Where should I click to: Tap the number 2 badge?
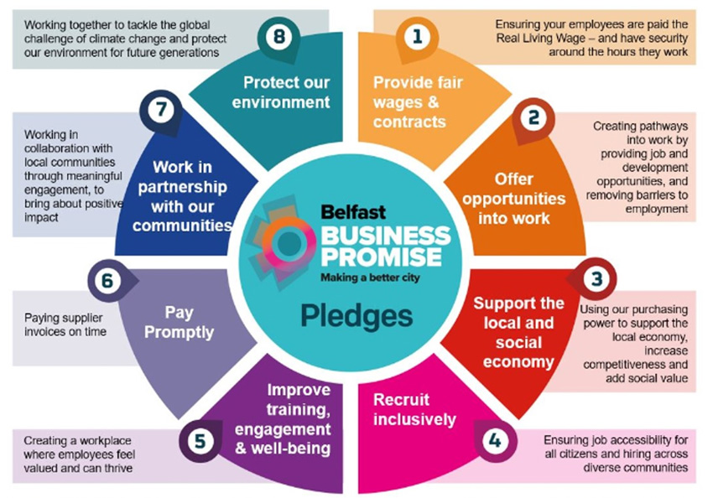click(x=533, y=119)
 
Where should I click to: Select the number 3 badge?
click(x=596, y=279)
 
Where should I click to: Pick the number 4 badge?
click(x=495, y=441)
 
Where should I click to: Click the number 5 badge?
click(x=200, y=441)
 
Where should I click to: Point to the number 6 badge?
click(x=108, y=281)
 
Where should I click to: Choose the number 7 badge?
click(x=161, y=111)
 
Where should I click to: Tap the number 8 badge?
click(x=278, y=37)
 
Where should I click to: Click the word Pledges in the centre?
click(x=356, y=317)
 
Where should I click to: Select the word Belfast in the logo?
click(x=353, y=212)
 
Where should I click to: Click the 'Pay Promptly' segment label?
click(x=179, y=323)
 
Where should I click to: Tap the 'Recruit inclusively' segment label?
click(x=414, y=409)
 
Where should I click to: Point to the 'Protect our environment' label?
click(x=281, y=92)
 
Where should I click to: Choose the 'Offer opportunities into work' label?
click(x=514, y=199)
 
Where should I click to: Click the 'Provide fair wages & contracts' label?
click(x=418, y=101)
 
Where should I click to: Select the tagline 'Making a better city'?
click(x=370, y=278)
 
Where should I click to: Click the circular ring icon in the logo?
click(x=289, y=241)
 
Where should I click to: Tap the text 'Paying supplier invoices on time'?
click(x=65, y=324)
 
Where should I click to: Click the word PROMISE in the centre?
click(x=381, y=257)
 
